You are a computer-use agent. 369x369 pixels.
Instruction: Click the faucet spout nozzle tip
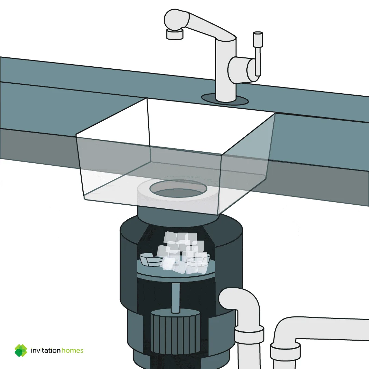point(174,35)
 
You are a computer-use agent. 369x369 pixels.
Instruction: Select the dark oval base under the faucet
point(225,99)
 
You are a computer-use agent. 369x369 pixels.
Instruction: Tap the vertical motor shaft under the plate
point(175,298)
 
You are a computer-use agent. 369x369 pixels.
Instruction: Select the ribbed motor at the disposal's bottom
point(175,332)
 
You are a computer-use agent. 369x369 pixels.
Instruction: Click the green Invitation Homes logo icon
point(21,351)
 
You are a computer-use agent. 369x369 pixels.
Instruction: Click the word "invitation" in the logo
point(46,351)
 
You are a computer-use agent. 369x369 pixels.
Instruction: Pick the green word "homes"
point(72,351)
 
